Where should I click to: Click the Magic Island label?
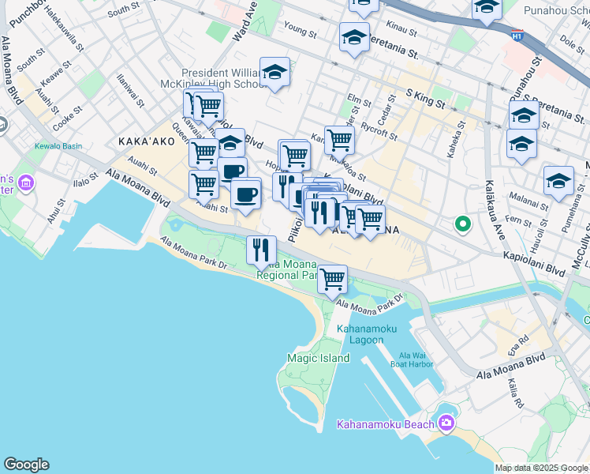[307, 358]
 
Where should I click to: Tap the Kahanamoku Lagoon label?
[360, 334]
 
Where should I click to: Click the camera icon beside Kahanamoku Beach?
[447, 423]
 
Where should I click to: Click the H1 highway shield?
[517, 36]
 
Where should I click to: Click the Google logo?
[26, 465]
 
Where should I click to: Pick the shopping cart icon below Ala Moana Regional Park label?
[333, 278]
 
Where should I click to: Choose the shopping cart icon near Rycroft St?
[339, 140]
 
